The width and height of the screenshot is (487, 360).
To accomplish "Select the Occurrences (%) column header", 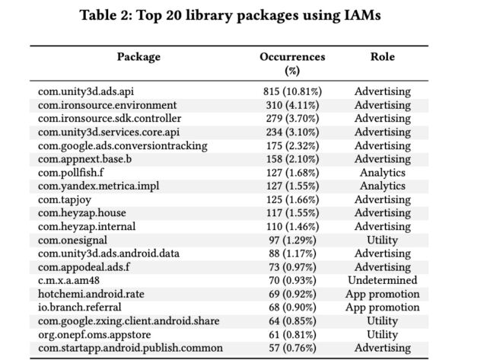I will point(292,63).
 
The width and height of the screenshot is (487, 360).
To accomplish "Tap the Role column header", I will point(382,57).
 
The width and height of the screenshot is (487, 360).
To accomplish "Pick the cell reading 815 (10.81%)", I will point(292,91).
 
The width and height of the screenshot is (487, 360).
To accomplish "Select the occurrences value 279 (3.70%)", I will point(292,119).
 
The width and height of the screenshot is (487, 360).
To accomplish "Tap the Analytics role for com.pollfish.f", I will point(382,173).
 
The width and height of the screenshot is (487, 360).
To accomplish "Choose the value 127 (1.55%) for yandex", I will point(292,186).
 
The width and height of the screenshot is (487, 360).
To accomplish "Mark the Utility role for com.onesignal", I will point(382,241).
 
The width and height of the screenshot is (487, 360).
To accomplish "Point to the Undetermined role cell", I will point(382,281).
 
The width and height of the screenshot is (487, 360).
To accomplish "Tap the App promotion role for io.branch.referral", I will point(382,307).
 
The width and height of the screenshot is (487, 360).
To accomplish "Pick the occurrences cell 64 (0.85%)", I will point(292,321).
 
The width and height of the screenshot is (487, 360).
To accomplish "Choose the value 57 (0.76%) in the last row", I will point(292,349).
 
